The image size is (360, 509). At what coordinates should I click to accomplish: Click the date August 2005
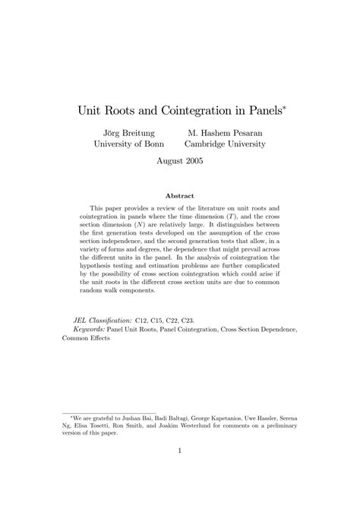[179, 161]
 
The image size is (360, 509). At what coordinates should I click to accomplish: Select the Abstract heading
[180, 195]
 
